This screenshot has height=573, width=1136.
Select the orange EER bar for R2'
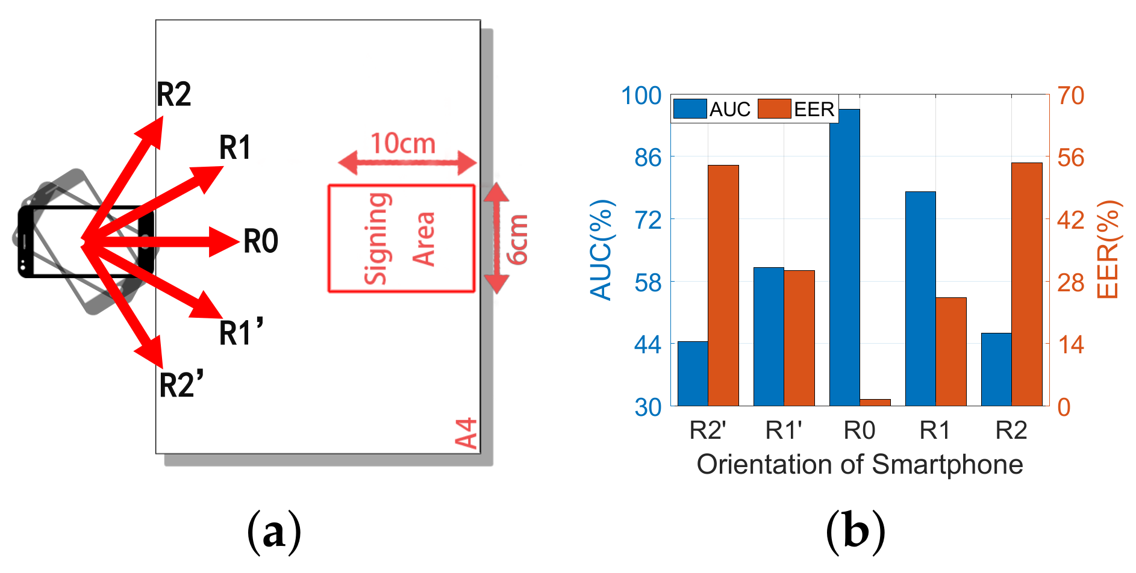pos(723,285)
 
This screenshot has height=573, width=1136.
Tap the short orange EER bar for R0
pos(875,402)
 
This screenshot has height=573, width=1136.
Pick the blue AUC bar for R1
pos(920,299)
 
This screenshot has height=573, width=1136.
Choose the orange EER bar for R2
pos(1027,284)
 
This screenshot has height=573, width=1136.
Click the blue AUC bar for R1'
pos(769,336)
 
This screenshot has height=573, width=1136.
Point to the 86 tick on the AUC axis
pos(648,158)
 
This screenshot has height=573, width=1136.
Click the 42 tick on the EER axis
pos(1071,220)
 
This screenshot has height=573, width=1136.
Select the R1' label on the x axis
pos(784,431)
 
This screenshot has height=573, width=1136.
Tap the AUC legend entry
pos(712,109)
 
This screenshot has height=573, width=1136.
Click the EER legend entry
pos(796,109)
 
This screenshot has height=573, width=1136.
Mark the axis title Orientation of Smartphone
pos(860,465)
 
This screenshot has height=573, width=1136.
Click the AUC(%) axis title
pos(601,250)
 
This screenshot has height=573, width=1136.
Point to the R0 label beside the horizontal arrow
pos(261,241)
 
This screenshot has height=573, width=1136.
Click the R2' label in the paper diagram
pos(181,385)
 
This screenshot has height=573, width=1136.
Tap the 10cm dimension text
pos(403,144)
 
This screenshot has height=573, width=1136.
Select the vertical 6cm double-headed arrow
pos(496,238)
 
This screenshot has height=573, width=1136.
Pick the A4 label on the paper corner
pos(466,433)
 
